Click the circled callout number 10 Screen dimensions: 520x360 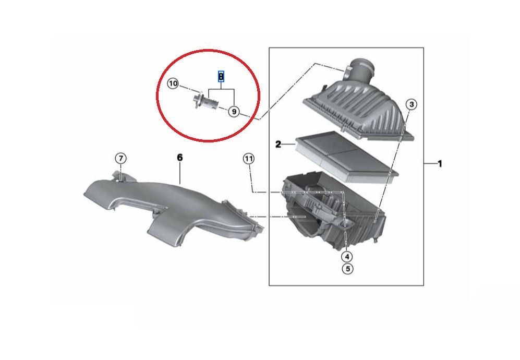click(x=173, y=83)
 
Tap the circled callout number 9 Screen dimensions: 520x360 click(x=234, y=112)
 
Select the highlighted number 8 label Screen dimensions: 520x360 click(x=221, y=77)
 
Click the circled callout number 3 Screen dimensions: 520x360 click(x=411, y=104)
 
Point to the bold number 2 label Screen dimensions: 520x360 click(x=278, y=145)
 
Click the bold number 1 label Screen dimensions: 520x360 click(x=440, y=164)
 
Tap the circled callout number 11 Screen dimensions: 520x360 click(x=248, y=159)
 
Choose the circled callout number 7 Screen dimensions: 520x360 click(x=120, y=159)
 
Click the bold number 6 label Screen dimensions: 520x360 click(x=179, y=157)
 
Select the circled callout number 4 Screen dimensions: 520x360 click(x=347, y=257)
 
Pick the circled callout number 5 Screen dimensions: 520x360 click(x=347, y=268)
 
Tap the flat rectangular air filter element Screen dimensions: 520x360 click(x=346, y=157)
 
